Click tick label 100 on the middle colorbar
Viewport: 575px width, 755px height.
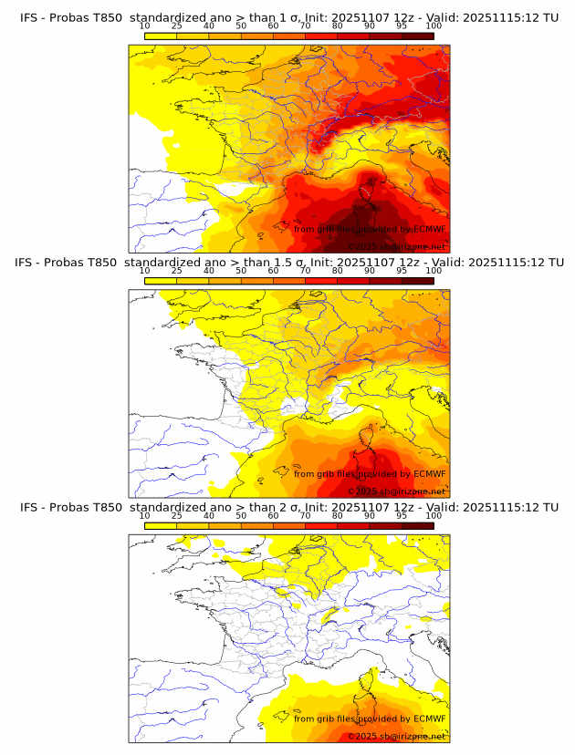[x=434, y=271]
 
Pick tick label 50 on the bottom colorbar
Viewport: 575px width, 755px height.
[x=241, y=516]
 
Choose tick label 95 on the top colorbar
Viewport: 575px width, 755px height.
[x=402, y=26]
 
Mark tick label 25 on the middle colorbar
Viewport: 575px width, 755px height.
[x=176, y=271]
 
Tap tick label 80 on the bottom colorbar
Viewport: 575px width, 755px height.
[x=337, y=516]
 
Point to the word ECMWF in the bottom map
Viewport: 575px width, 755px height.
[x=429, y=719]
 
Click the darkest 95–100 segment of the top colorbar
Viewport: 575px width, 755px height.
[x=417, y=36]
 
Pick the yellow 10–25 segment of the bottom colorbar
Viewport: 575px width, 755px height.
[x=161, y=525]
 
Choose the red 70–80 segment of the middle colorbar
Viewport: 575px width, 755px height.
[x=320, y=281]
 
